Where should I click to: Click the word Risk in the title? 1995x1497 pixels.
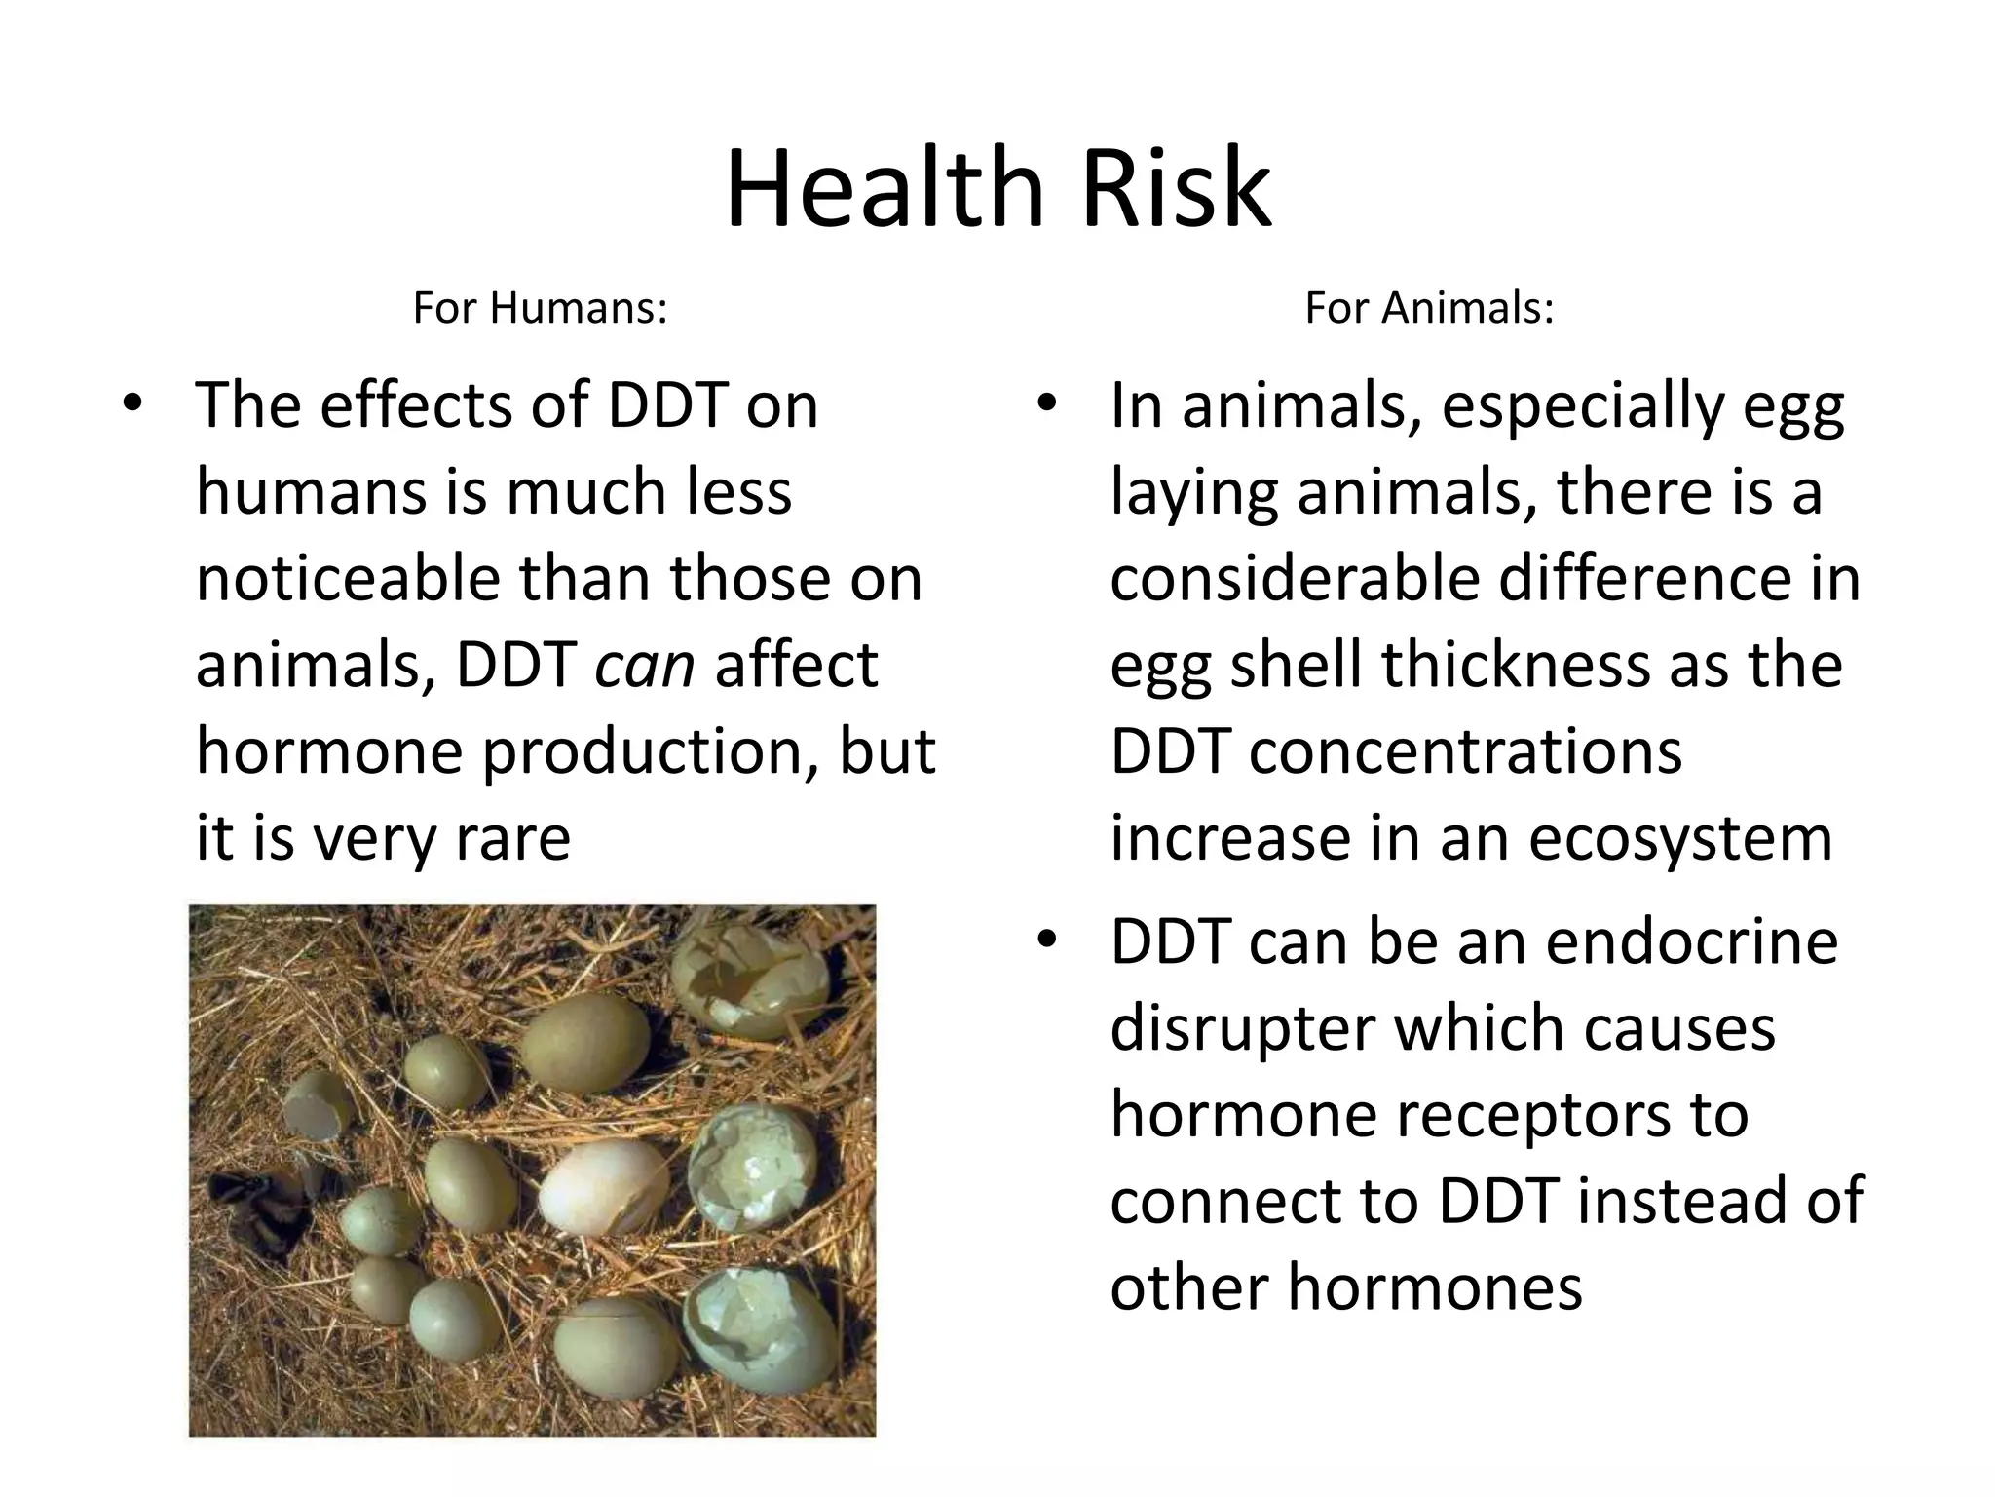1175,187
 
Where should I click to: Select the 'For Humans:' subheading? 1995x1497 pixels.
540,308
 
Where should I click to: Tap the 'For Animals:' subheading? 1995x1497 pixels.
1429,308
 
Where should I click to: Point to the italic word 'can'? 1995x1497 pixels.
644,665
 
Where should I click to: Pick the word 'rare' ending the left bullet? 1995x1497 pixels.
512,838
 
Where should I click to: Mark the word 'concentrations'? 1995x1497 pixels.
1465,751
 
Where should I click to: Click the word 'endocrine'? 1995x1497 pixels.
1691,941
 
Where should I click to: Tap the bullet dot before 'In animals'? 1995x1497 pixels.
1047,403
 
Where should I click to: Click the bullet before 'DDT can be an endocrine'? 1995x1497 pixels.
1047,940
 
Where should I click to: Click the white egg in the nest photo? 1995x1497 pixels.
604,1187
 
